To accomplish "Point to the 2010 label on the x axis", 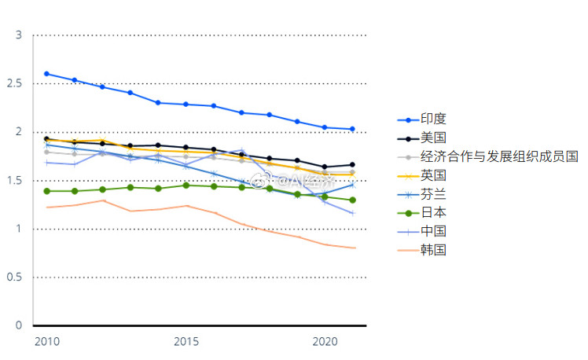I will tap(46, 341).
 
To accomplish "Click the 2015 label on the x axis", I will tap(186, 341).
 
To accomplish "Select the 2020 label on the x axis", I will tap(325, 341).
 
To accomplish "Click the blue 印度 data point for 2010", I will tap(46, 74).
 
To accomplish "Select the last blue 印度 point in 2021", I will tap(352, 129).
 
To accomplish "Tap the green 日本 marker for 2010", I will tap(46, 191).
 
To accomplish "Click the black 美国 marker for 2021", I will tap(352, 165).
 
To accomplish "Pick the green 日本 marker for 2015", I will tap(186, 186).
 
